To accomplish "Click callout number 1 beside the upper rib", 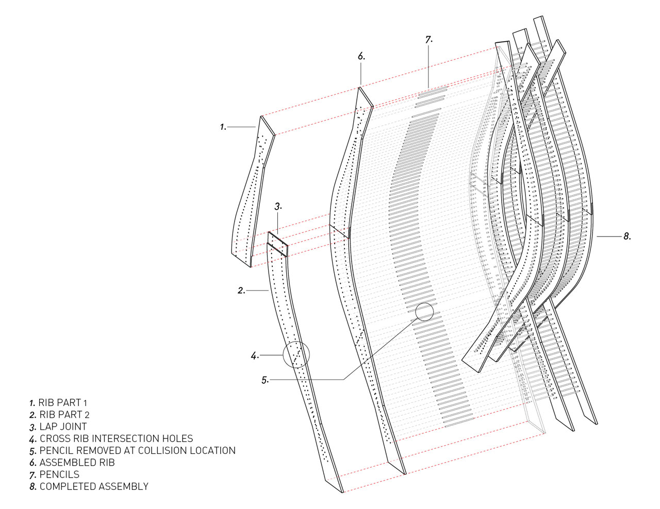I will click(223, 127).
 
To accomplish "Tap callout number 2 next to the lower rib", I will click(241, 291).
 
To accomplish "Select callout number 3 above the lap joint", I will click(278, 207).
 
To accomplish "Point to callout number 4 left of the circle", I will click(255, 355).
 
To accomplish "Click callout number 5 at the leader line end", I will click(265, 380).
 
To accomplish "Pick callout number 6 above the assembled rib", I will click(361, 57).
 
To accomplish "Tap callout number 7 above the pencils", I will click(428, 40).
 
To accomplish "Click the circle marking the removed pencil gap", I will click(424, 312).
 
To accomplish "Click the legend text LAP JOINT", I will click(63, 427).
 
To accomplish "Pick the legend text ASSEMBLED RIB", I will click(77, 463).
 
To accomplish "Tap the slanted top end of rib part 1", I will click(267, 125).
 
